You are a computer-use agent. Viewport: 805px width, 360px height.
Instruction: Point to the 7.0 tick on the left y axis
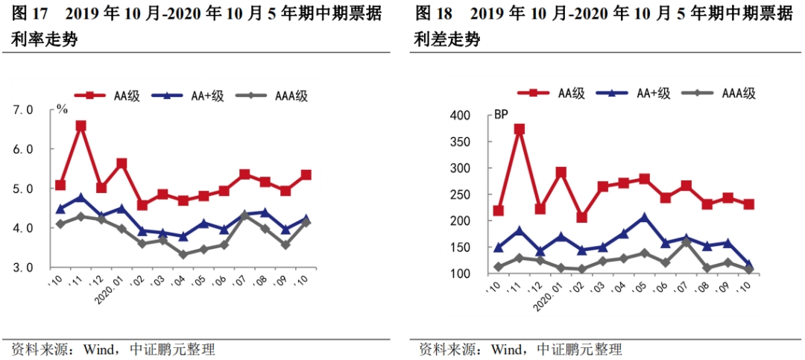coord(25,110)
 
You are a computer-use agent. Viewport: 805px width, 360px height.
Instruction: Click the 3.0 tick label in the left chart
coord(25,267)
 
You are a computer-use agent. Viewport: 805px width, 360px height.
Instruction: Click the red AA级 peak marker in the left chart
coord(80,126)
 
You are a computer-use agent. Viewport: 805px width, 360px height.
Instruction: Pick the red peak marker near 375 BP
coord(520,129)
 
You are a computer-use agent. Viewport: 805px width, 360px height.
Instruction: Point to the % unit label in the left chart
coord(63,110)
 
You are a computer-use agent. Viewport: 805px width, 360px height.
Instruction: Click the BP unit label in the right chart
coord(501,116)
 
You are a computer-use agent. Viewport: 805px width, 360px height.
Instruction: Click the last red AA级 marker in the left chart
coord(305,175)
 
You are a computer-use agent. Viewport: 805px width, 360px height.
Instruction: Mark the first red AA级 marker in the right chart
coord(499,211)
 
